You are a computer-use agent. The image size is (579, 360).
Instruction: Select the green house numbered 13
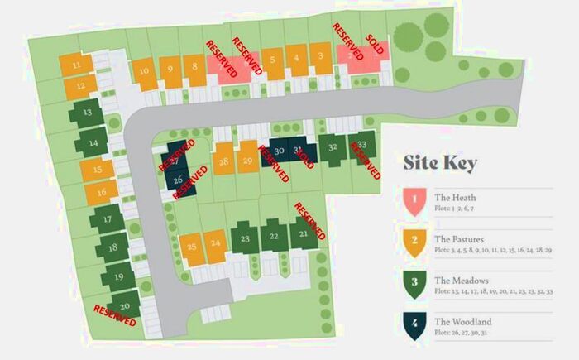pyautogui.click(x=86, y=113)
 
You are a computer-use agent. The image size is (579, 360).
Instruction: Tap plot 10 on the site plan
pyautogui.click(x=145, y=72)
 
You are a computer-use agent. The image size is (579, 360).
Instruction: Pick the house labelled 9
pyautogui.click(x=170, y=71)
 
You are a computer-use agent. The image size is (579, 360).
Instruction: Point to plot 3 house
pyautogui.click(x=319, y=57)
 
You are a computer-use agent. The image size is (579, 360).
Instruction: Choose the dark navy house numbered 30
pyautogui.click(x=280, y=151)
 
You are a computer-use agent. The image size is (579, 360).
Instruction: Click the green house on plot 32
pyautogui.click(x=333, y=149)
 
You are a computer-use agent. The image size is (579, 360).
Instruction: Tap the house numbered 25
pyautogui.click(x=192, y=247)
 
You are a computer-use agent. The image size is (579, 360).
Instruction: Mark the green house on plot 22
pyautogui.click(x=274, y=237)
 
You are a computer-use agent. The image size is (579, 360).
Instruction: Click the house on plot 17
pyautogui.click(x=108, y=220)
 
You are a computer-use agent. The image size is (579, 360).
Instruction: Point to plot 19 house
pyautogui.click(x=118, y=277)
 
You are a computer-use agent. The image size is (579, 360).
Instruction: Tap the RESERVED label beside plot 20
pyautogui.click(x=115, y=315)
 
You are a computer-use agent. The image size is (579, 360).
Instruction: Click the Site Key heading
pyautogui.click(x=440, y=164)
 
